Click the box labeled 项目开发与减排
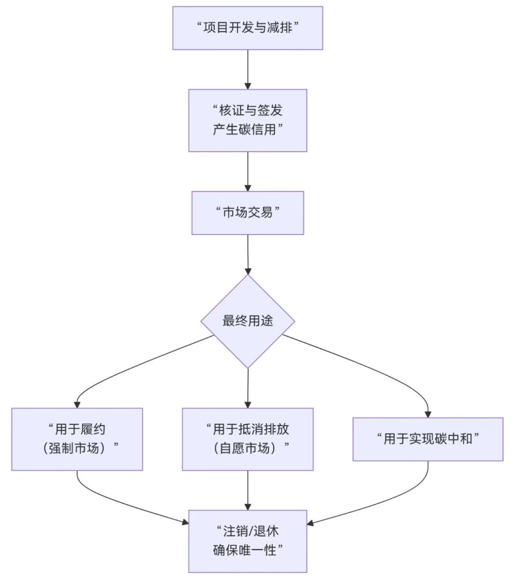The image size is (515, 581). (248, 28)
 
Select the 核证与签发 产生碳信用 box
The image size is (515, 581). (248, 120)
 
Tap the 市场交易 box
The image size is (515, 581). (248, 213)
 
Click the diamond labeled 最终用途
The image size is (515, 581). (248, 321)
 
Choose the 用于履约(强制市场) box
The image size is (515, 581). (77, 439)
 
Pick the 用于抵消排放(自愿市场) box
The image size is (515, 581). (248, 439)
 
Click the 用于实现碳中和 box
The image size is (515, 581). (428, 439)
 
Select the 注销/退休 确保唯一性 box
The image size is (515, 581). (248, 541)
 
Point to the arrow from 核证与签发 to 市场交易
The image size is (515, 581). (248, 171)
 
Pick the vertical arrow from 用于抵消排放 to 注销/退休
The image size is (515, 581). (248, 490)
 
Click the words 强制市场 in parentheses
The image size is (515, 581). (74, 448)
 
